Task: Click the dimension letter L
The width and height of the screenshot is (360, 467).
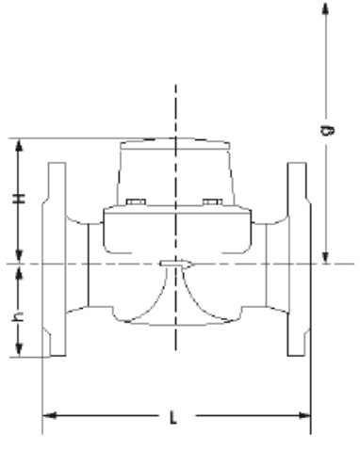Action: (x=173, y=417)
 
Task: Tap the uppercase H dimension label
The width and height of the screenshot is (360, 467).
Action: (x=19, y=199)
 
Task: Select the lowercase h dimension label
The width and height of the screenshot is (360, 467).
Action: (x=18, y=316)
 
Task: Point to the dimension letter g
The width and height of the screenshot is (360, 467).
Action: (x=327, y=130)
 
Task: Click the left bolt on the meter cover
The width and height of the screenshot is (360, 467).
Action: (x=136, y=201)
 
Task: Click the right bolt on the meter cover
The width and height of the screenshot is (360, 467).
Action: (x=213, y=201)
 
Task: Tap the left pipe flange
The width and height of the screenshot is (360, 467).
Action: (x=54, y=259)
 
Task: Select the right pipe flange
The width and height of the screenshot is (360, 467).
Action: (x=299, y=259)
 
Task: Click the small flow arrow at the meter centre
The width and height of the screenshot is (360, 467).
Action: (x=177, y=264)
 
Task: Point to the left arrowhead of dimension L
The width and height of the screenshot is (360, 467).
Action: (x=50, y=416)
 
